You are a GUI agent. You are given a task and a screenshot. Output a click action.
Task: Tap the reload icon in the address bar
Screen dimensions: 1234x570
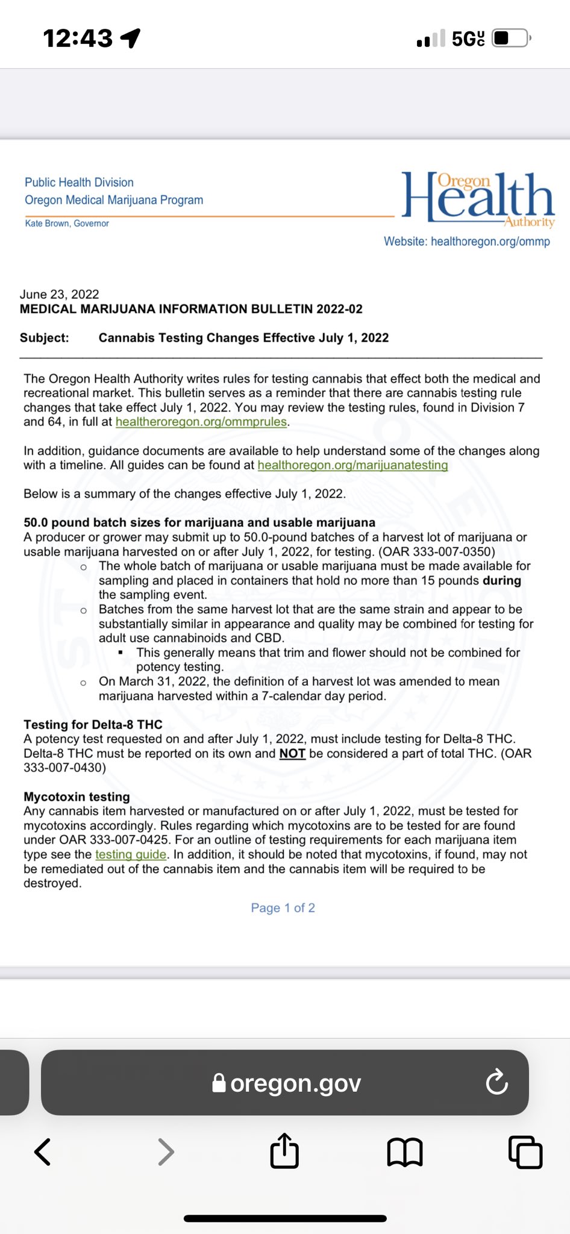click(496, 1083)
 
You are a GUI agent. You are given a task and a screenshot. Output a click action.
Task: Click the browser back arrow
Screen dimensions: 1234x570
click(43, 1152)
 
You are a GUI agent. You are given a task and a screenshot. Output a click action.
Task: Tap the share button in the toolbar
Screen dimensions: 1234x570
click(284, 1151)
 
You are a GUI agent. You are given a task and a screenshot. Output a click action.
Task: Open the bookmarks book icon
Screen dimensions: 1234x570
click(405, 1152)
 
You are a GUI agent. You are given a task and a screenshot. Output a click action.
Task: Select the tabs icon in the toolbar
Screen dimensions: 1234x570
click(525, 1152)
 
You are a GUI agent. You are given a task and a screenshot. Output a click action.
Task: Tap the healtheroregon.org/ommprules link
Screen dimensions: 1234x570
click(201, 422)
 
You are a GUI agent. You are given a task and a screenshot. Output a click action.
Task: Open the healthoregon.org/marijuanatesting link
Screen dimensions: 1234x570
click(352, 465)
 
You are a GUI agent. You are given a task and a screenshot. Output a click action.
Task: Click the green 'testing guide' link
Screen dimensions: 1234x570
click(131, 854)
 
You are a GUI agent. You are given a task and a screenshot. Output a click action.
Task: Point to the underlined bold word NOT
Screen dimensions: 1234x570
click(292, 753)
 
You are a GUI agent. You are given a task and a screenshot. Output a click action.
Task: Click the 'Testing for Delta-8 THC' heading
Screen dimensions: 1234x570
click(93, 724)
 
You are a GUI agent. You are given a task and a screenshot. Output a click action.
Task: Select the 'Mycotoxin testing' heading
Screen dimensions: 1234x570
click(77, 797)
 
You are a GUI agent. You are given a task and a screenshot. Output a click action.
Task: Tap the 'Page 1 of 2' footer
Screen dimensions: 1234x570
click(283, 907)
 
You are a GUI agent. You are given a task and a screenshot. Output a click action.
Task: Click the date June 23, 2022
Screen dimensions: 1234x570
click(59, 294)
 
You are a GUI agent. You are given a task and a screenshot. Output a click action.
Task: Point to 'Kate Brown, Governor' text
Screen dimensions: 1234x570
click(67, 224)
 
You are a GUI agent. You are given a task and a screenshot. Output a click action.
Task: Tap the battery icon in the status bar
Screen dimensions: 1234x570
click(510, 39)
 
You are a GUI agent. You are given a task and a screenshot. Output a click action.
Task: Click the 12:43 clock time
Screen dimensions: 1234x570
click(78, 39)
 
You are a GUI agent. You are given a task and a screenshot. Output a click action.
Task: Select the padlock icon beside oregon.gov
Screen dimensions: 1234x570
click(219, 1083)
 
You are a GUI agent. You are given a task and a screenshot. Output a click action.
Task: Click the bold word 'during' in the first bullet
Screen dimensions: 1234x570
click(501, 580)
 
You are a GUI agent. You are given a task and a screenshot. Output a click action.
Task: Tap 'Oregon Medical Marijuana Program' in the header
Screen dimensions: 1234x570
click(114, 200)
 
